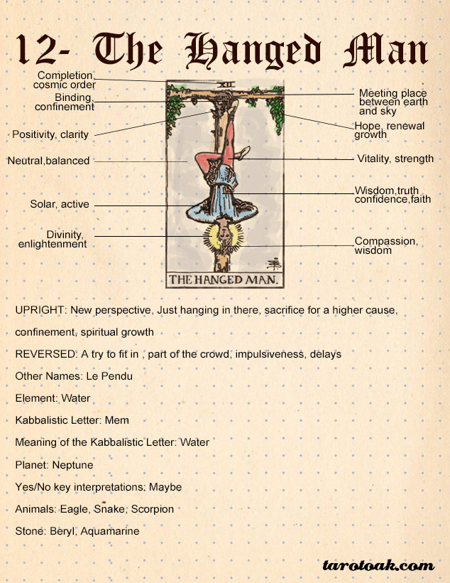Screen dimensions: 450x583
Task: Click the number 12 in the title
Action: click(36, 50)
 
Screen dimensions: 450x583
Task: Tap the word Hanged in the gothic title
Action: click(253, 51)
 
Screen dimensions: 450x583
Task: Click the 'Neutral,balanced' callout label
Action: click(49, 161)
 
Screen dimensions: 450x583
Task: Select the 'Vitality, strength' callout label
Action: click(395, 159)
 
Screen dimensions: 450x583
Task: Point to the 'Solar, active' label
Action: click(60, 204)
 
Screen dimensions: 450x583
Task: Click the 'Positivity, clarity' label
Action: click(50, 134)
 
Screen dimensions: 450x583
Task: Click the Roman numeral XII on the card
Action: click(226, 85)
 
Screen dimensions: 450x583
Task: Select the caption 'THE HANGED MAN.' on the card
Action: click(224, 279)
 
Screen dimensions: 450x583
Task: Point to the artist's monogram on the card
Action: click(274, 264)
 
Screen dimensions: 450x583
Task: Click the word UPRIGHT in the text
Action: click(40, 310)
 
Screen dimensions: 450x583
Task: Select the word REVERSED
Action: click(45, 354)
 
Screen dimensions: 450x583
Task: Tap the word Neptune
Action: click(73, 465)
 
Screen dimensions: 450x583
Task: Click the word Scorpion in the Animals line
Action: click(153, 509)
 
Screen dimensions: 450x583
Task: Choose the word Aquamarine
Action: click(110, 531)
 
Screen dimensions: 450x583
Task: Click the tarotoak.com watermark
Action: click(379, 565)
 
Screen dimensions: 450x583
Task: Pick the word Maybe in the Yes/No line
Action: click(165, 487)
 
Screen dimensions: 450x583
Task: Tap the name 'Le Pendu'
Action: click(109, 376)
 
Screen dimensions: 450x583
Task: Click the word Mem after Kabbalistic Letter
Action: click(117, 420)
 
